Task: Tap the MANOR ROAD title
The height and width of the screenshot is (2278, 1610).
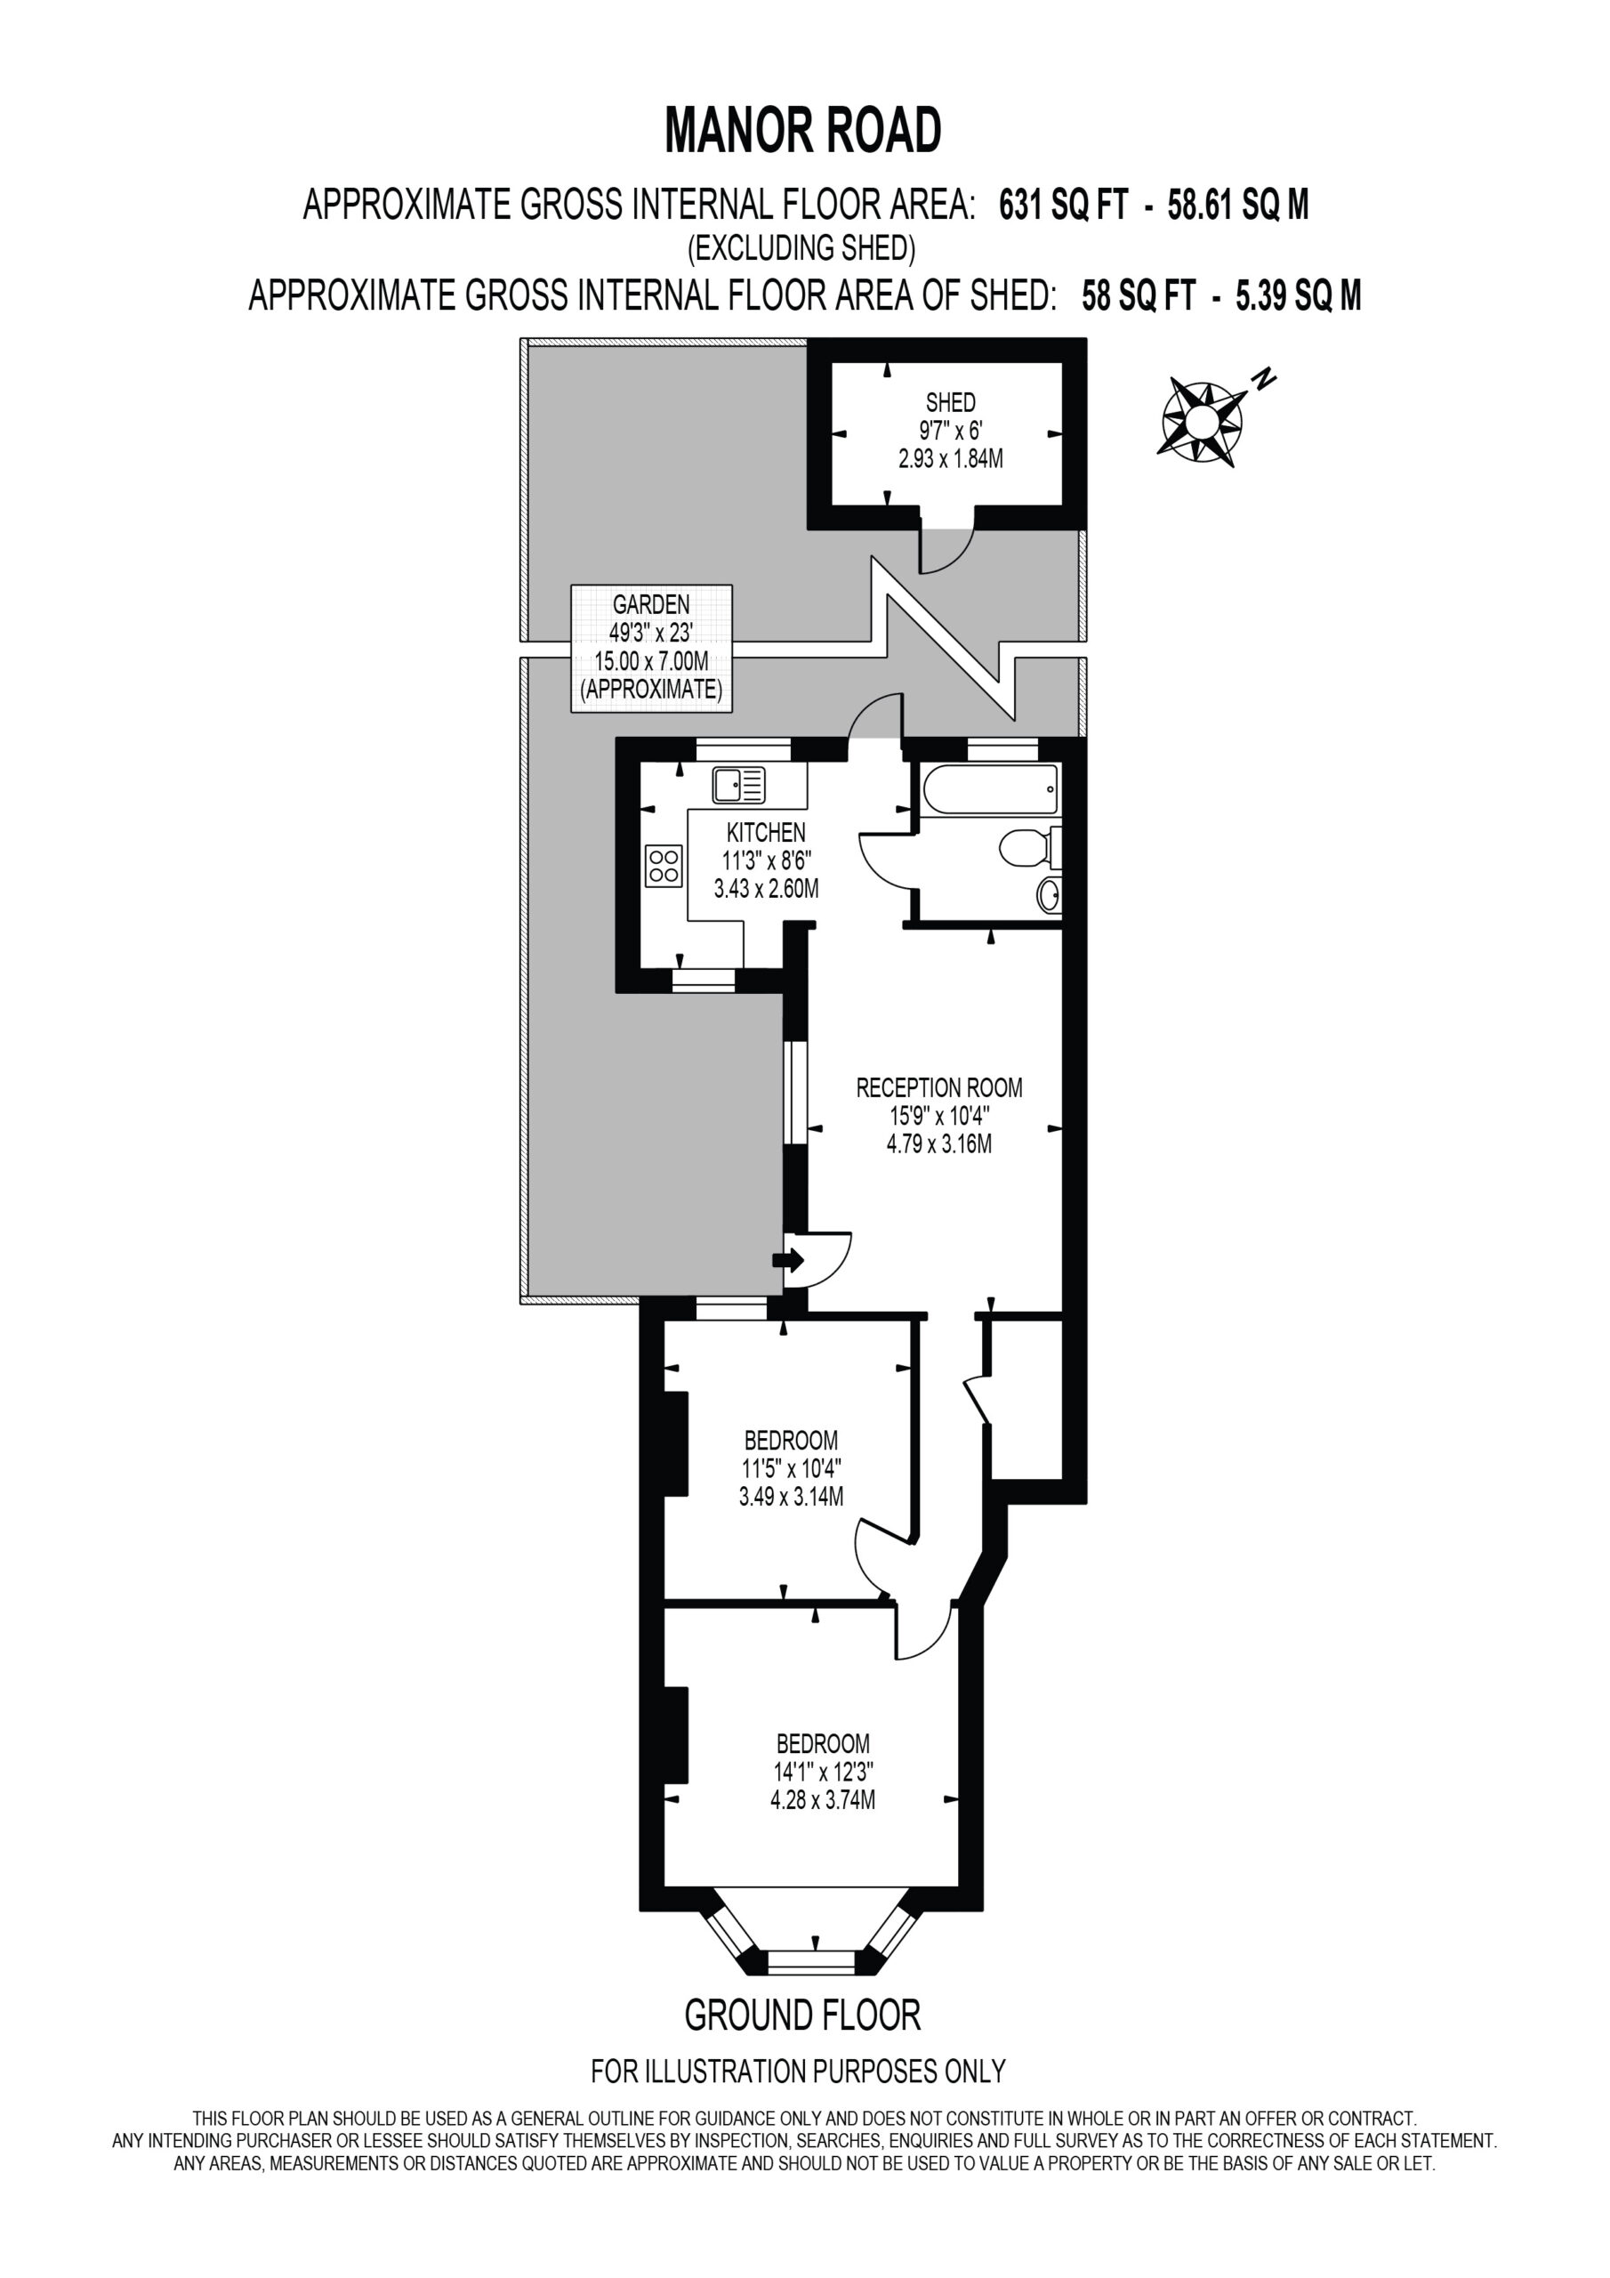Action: point(803,130)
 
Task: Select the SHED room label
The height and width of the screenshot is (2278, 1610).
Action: point(950,402)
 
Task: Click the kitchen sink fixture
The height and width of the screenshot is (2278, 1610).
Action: point(739,786)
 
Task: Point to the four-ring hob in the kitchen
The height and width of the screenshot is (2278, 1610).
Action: point(664,864)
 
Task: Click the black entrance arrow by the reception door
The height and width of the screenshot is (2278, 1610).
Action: point(790,1261)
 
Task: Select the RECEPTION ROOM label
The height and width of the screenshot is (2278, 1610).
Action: point(939,1087)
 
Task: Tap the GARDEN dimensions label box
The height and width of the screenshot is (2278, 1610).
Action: point(652,648)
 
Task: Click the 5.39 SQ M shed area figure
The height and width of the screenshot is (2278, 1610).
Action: point(1299,295)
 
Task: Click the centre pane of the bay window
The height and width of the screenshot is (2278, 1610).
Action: point(811,1960)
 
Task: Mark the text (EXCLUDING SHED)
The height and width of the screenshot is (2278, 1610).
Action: point(801,247)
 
